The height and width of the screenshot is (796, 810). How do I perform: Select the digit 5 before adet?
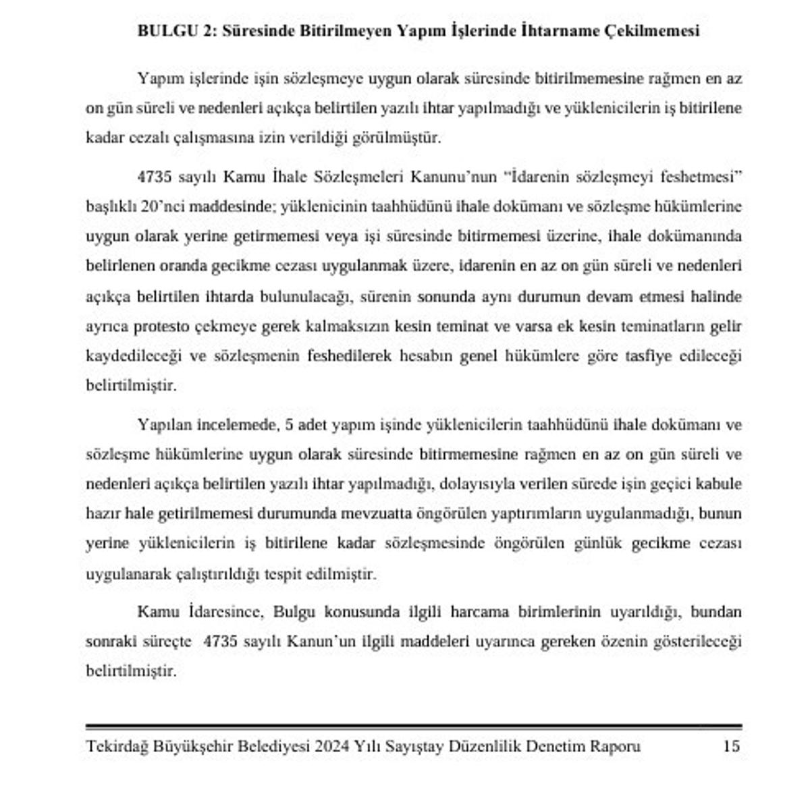[291, 425]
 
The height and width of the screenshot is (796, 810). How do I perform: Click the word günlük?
[596, 544]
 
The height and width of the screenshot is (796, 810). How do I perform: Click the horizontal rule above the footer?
[413, 727]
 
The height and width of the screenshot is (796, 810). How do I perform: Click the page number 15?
[731, 747]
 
